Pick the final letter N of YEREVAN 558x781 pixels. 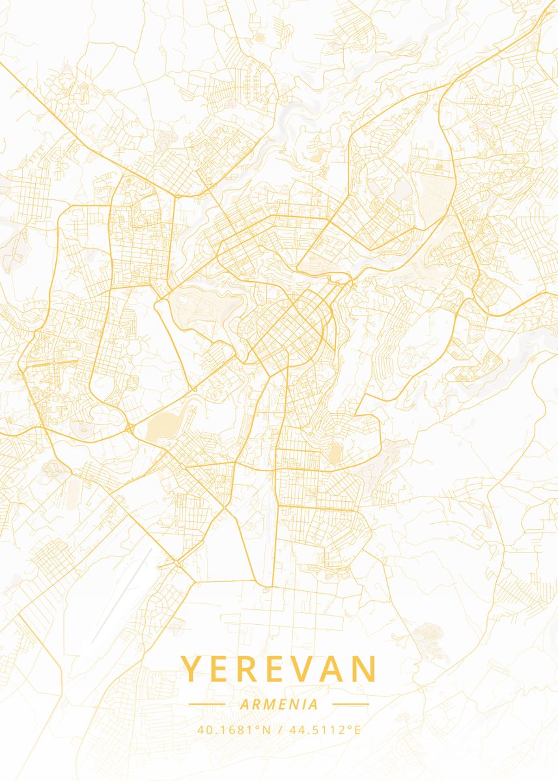point(365,669)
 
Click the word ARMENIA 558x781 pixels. point(279,704)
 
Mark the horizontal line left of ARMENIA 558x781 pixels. point(206,704)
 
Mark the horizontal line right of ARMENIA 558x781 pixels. point(350,704)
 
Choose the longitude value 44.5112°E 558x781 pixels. point(324,730)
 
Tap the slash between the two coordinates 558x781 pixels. point(279,730)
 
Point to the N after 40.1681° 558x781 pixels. point(266,730)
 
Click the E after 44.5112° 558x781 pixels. point(357,730)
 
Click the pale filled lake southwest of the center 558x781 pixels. point(160,426)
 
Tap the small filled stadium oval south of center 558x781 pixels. point(335,454)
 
